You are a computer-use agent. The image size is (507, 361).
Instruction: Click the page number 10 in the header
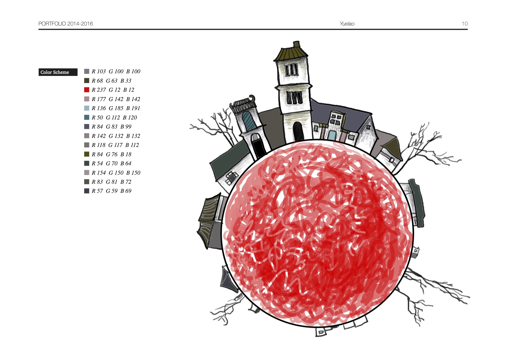pos(465,24)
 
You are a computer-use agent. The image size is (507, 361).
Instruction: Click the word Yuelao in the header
pos(347,24)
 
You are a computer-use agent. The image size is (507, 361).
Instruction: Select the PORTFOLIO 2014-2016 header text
pos(66,24)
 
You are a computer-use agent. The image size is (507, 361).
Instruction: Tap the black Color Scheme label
pos(58,72)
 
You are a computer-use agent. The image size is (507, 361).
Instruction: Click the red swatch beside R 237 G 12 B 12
pos(87,90)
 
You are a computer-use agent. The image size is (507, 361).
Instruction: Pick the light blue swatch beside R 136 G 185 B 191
pos(87,108)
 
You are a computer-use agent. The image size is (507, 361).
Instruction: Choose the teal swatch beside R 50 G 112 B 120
pos(87,118)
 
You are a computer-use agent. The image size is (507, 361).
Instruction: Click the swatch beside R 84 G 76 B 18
pos(87,154)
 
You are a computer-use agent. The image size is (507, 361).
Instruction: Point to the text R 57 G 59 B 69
pos(111,191)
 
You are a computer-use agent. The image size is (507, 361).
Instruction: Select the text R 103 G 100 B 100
pos(116,71)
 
